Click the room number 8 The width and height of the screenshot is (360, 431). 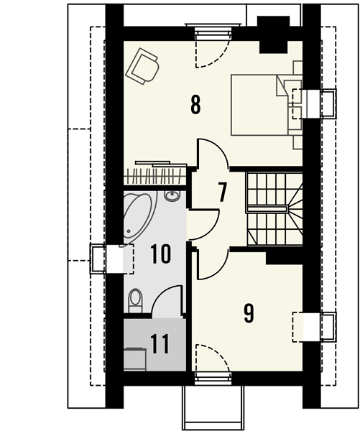point(195,104)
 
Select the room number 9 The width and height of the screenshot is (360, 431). point(249,313)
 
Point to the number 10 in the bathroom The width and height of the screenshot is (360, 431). point(161,254)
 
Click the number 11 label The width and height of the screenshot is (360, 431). point(160,344)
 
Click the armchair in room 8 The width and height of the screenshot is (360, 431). point(142,66)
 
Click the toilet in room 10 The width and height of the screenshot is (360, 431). point(135,300)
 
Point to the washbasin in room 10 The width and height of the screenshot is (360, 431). point(172,196)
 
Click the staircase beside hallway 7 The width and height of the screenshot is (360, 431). point(274,208)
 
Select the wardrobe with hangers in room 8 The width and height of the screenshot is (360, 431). point(155,173)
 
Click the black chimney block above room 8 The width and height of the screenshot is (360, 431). point(274,34)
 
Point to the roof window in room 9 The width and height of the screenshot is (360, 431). point(314,327)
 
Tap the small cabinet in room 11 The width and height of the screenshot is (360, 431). point(135,359)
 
